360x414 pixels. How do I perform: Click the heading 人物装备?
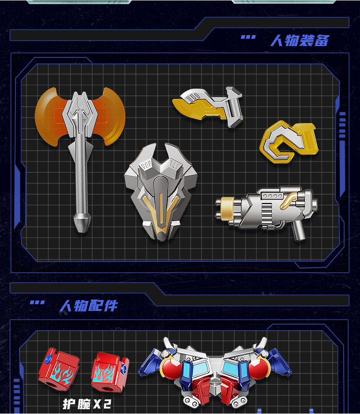pyautogui.click(x=300, y=41)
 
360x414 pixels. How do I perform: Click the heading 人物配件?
pyautogui.click(x=88, y=306)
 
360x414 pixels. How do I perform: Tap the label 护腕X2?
pyautogui.click(x=87, y=404)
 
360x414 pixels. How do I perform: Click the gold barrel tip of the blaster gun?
pyautogui.click(x=226, y=208)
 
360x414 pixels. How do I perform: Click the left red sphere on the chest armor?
pyautogui.click(x=170, y=367)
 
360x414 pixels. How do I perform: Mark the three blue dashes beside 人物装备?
pyautogui.click(x=248, y=37)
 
